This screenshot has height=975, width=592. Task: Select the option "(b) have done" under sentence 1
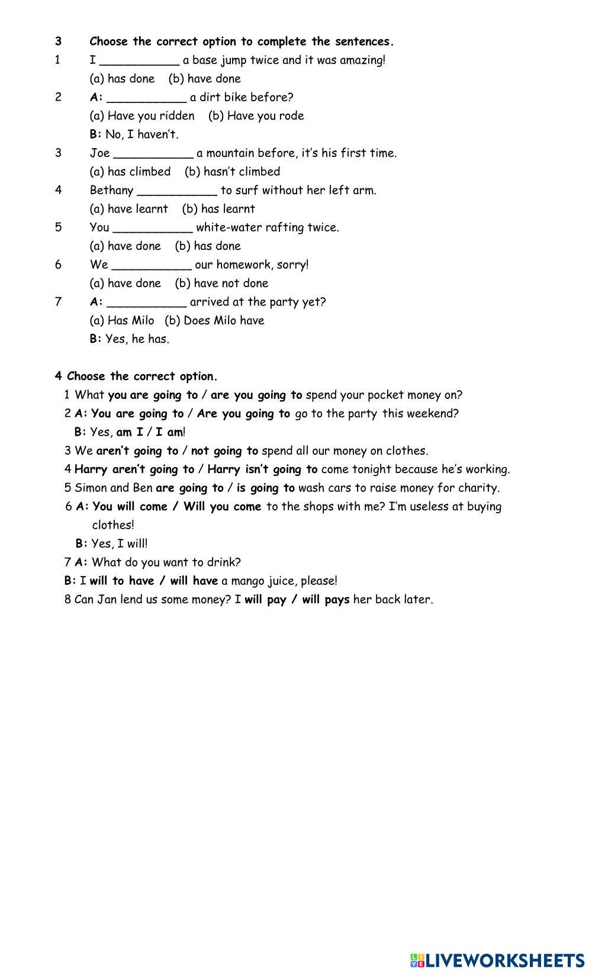[x=205, y=79]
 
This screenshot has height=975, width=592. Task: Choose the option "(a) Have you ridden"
[x=142, y=116]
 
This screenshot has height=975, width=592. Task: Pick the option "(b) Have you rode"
[x=256, y=116]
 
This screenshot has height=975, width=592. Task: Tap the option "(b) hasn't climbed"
[x=232, y=172]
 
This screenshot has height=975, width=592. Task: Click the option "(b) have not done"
[x=221, y=284]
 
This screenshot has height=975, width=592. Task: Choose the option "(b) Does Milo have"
[x=214, y=321]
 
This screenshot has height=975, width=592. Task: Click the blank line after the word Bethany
[x=177, y=191]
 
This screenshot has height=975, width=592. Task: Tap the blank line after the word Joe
[x=153, y=154]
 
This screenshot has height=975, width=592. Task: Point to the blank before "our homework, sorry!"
[x=152, y=265]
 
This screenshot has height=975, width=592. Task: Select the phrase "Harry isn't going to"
[x=262, y=469]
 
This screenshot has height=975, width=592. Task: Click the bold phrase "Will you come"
[x=222, y=507]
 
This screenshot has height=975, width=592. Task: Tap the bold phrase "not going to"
[x=224, y=451]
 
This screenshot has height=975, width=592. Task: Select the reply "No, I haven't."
[x=141, y=135]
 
